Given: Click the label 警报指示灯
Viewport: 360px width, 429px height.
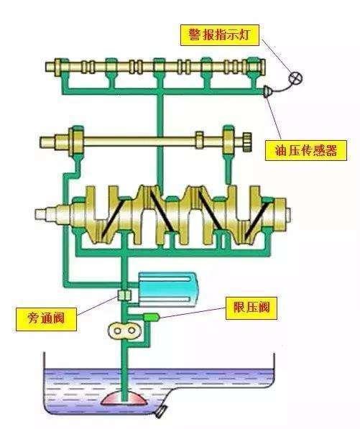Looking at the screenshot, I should pos(220,34).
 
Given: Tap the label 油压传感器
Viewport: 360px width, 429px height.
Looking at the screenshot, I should pos(308,150).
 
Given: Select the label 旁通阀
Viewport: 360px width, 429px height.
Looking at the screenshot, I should pos(46,318).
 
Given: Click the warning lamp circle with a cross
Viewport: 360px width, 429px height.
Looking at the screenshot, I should pos(294,77).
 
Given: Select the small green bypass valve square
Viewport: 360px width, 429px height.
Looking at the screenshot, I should pos(124,295).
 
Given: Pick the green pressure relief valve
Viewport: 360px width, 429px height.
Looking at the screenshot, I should pos(151,316).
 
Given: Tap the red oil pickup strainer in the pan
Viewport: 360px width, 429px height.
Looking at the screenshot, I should pos(124,397).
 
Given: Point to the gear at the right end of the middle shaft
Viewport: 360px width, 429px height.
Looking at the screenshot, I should pos(246,139).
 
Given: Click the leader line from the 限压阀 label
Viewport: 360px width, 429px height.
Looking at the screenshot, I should pos(194,312).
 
